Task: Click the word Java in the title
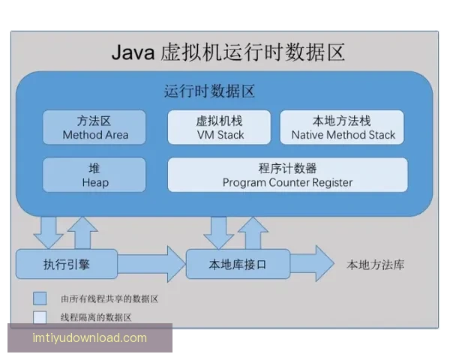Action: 134,52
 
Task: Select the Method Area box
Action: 94,127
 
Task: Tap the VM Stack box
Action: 219,127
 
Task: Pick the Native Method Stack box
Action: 342,127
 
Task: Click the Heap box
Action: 94,175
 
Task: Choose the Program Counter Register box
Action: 287,175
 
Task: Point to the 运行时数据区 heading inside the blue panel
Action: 209,92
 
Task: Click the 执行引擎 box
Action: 67,264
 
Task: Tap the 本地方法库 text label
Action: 375,265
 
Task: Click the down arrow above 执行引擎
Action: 49,232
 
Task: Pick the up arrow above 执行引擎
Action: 82,232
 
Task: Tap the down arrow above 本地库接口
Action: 219,232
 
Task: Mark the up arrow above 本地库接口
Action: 252,232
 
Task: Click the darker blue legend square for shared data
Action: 39,298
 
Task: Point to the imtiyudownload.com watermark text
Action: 89,338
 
